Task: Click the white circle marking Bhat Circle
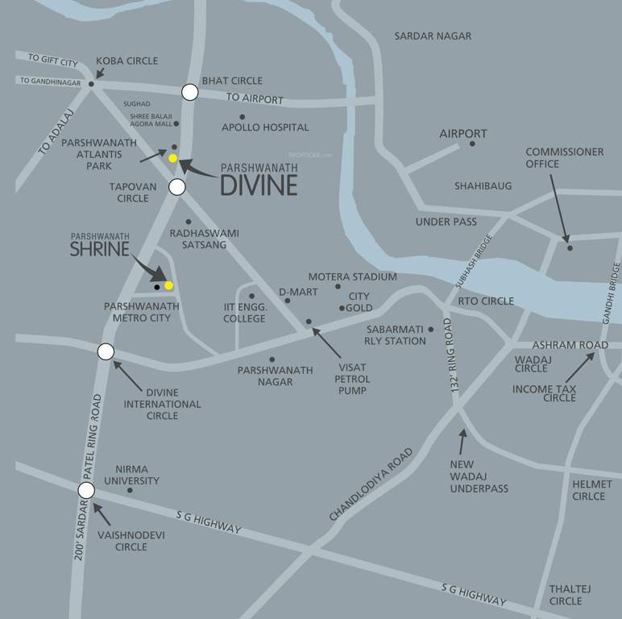(189, 92)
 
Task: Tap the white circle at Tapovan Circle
(177, 187)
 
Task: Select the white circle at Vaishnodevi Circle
(86, 490)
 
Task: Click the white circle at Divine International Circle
(106, 351)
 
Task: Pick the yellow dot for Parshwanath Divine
(172, 158)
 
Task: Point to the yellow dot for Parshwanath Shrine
(168, 285)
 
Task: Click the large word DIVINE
(259, 185)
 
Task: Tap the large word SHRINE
(99, 249)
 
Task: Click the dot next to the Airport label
(472, 143)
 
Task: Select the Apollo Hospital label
(265, 127)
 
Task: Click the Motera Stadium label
(352, 276)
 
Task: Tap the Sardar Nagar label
(433, 35)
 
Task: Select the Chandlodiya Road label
(371, 484)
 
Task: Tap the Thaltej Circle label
(570, 595)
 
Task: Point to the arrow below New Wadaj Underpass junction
(462, 442)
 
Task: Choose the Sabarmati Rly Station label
(396, 335)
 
